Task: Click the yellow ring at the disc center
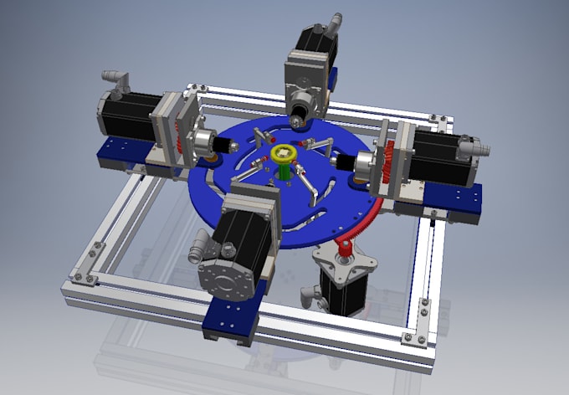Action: [x=283, y=154]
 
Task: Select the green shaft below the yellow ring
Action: [x=285, y=169]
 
